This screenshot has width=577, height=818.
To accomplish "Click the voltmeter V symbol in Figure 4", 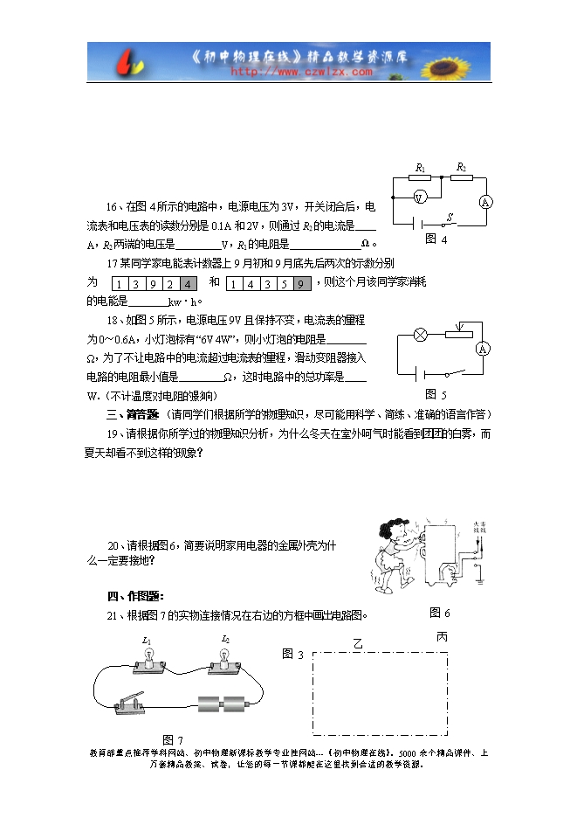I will pos(419,198).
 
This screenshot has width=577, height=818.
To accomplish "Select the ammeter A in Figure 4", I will pos(485,202).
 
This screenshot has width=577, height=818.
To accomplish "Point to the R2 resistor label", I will pos(462,166).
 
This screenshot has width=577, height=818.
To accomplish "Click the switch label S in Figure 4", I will pos(450,215).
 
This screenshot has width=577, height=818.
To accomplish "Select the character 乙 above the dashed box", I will pos(357,643).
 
